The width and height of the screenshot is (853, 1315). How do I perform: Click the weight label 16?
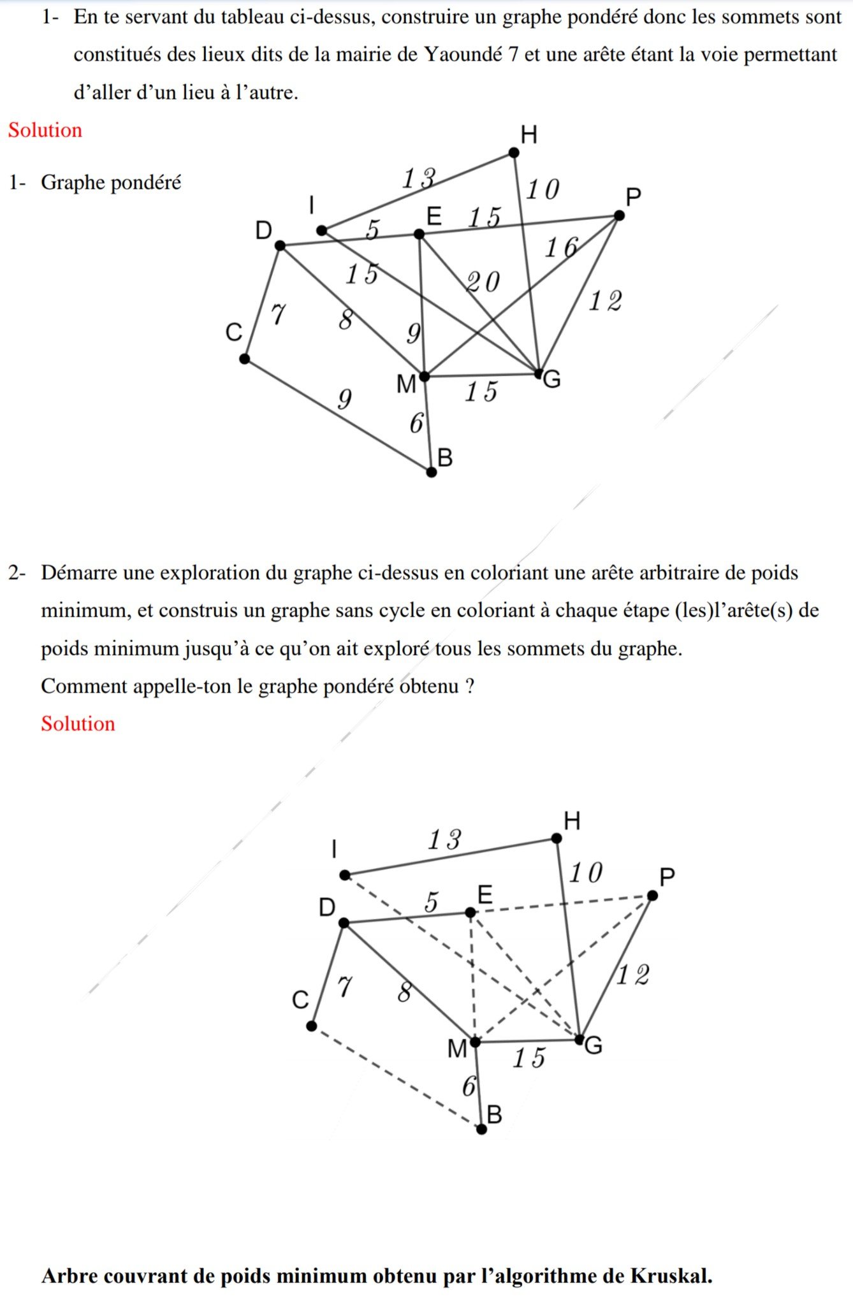[561, 247]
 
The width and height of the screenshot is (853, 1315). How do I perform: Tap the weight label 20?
[483, 282]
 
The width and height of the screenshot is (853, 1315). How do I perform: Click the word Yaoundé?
[463, 55]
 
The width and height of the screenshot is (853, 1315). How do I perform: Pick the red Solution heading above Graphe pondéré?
[45, 130]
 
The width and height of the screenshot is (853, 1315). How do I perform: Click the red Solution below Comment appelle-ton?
[78, 723]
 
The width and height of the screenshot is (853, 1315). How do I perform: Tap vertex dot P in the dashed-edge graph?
[652, 896]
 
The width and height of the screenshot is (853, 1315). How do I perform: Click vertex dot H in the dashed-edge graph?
[557, 838]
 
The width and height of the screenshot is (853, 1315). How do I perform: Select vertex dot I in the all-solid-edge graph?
[322, 230]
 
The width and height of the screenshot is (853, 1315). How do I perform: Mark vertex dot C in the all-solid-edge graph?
[244, 359]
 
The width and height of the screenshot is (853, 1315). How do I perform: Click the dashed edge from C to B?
[395, 1077]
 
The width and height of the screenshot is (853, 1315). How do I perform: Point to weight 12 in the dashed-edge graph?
[632, 975]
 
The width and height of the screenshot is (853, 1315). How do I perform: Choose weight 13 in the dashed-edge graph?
[444, 840]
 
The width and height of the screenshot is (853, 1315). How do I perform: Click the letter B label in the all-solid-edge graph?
[445, 458]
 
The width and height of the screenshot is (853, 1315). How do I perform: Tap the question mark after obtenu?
[470, 686]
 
